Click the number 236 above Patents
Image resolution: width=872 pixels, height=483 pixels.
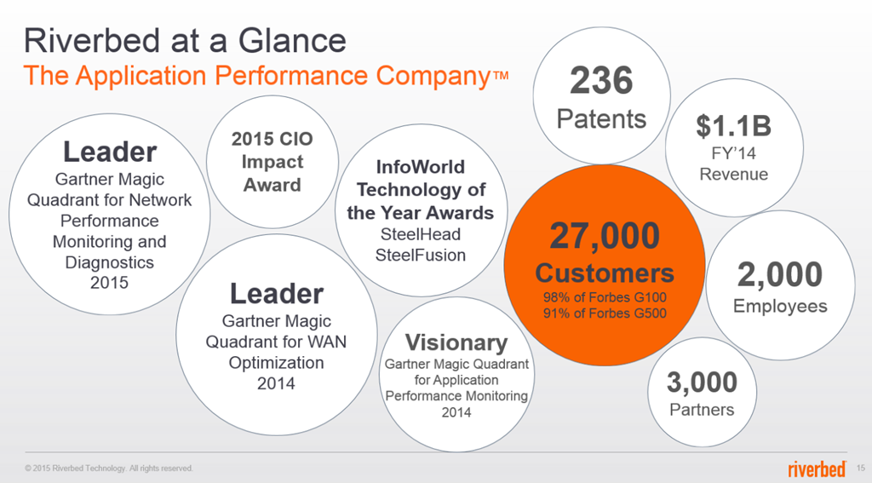pyautogui.click(x=601, y=81)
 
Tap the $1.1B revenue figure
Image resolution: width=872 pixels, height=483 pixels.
pyautogui.click(x=733, y=126)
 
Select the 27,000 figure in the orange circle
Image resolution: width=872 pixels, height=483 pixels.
pyautogui.click(x=605, y=236)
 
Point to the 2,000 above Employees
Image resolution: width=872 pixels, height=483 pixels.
pyautogui.click(x=780, y=274)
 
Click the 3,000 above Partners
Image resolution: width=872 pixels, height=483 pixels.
pyautogui.click(x=702, y=382)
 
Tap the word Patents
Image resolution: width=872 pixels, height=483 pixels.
pyautogui.click(x=601, y=118)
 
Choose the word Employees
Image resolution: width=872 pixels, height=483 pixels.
pyautogui.click(x=780, y=306)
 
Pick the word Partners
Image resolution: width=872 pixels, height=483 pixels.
pyautogui.click(x=702, y=410)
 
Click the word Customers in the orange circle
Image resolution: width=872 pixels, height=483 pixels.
pyautogui.click(x=605, y=273)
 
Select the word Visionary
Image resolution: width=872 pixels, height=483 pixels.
pyautogui.click(x=456, y=342)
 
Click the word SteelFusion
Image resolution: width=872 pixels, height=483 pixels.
pyautogui.click(x=421, y=255)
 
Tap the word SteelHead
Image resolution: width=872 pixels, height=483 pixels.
pyautogui.click(x=421, y=234)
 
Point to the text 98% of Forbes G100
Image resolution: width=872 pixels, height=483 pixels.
pyautogui.click(x=605, y=297)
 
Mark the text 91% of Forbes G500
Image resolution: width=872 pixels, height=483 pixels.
pyautogui.click(x=605, y=313)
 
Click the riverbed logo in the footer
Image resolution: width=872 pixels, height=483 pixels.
pyautogui.click(x=817, y=469)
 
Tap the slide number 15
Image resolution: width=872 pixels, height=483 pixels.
pyautogui.click(x=861, y=468)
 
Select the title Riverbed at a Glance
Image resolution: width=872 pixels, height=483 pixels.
pyautogui.click(x=185, y=41)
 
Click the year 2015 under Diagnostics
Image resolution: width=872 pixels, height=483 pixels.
pyautogui.click(x=109, y=283)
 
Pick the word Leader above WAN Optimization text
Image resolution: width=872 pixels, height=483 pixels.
pyautogui.click(x=277, y=294)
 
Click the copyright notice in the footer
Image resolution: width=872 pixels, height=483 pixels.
pyautogui.click(x=108, y=469)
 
